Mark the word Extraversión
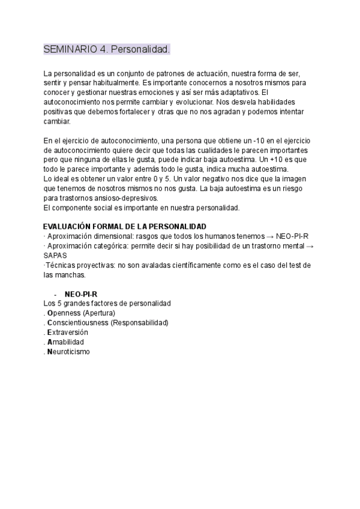[67, 332]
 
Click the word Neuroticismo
[68, 351]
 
